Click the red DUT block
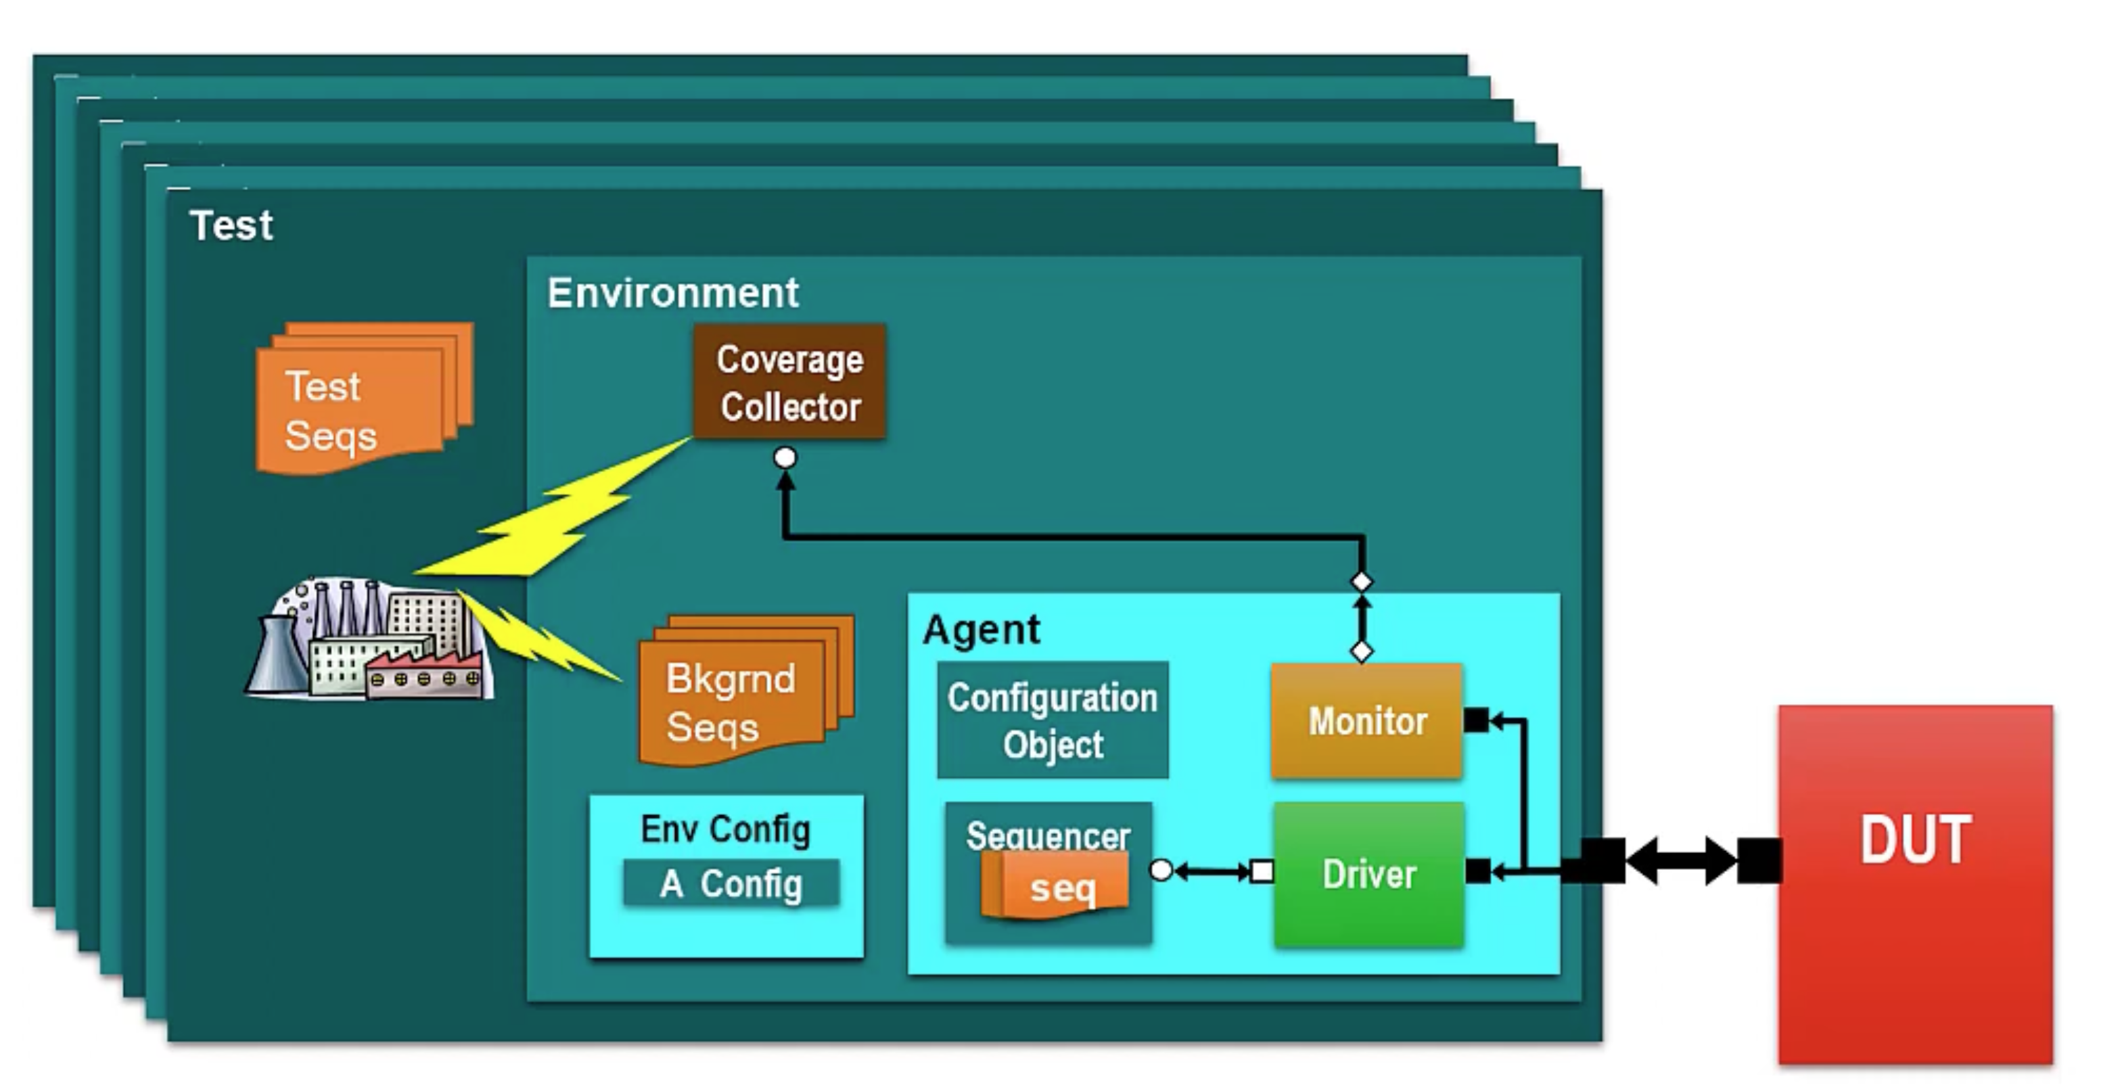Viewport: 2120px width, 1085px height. tap(1915, 884)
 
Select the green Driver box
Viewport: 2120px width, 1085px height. tap(1368, 874)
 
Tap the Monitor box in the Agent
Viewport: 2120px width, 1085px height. tap(1366, 720)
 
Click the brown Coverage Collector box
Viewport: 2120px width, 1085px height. tap(789, 381)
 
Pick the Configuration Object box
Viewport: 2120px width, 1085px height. tap(1053, 720)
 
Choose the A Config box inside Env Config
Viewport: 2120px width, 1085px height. tap(731, 883)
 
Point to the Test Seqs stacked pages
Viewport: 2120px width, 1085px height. tap(365, 398)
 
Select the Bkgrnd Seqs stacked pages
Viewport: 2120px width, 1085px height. tap(746, 690)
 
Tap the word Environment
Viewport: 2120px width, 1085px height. tap(672, 292)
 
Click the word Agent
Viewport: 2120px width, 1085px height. tap(981, 630)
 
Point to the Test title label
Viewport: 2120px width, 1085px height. tap(231, 225)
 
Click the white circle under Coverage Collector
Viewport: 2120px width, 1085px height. tap(785, 458)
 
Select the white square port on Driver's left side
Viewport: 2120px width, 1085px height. tap(1261, 871)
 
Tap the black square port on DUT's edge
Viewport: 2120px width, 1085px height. tap(1759, 861)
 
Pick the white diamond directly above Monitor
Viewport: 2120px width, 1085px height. tap(1362, 651)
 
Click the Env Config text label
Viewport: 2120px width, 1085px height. tap(725, 829)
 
